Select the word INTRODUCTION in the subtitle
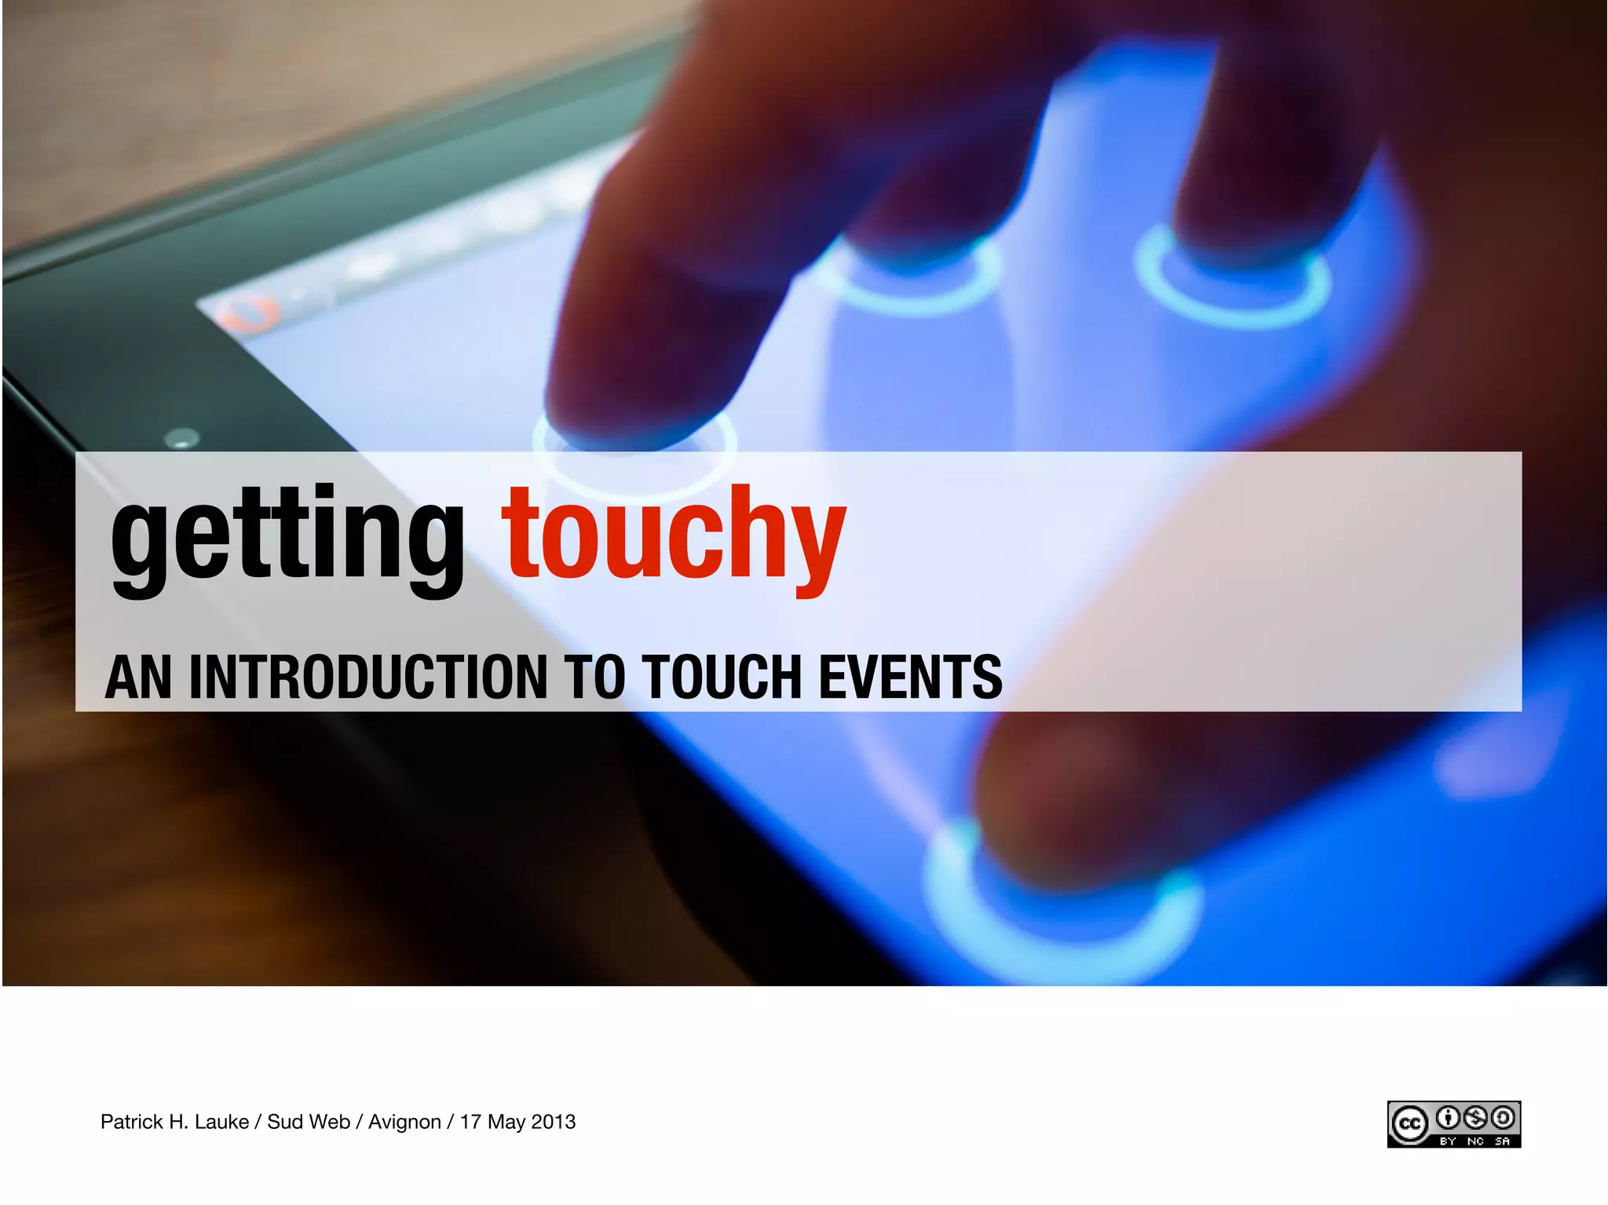pos(368,677)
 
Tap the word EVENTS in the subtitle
pos(911,677)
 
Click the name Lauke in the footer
pos(221,1122)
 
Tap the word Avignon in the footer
pos(404,1122)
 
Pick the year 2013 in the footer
pos(554,1122)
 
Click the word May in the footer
pos(506,1123)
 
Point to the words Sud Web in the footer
pos(308,1122)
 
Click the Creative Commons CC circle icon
pos(1410,1124)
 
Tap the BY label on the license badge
pos(1448,1141)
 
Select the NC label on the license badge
pos(1475,1141)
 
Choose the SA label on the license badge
pos(1502,1141)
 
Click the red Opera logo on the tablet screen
pos(249,314)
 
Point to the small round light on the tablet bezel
pos(183,438)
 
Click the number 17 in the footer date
pos(470,1122)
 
